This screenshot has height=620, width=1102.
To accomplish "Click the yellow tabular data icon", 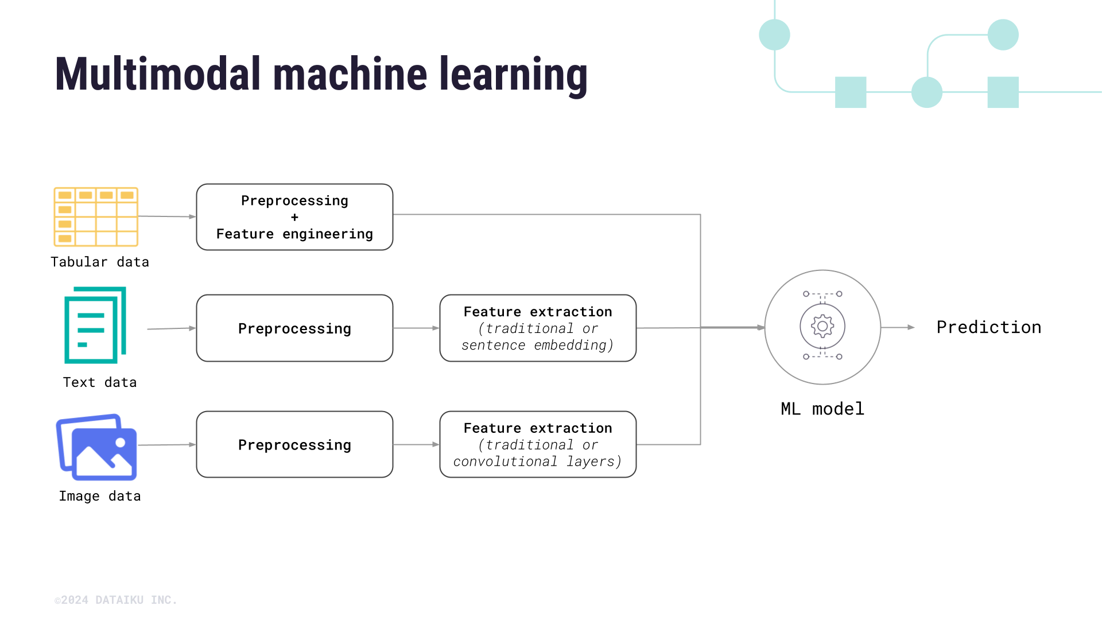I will coord(96,216).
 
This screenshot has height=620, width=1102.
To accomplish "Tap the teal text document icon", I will coord(95,325).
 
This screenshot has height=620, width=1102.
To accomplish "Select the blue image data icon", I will coord(97,447).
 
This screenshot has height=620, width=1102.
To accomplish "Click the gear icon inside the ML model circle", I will coord(822,326).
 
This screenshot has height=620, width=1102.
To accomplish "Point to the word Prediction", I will coord(988,327).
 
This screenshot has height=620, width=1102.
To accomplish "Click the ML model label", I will coord(822,409).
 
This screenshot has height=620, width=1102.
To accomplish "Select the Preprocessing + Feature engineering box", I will coord(294,217).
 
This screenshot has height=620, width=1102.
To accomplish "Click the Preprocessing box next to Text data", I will coord(294,328).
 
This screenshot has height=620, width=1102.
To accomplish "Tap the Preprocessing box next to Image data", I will coord(294,444).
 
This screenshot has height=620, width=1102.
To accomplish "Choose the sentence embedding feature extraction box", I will coord(538,328).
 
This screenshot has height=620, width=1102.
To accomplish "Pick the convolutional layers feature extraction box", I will coord(538,444).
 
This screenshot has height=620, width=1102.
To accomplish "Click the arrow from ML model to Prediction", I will coord(898,327).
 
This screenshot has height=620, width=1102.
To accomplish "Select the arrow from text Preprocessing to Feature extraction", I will coord(416,328).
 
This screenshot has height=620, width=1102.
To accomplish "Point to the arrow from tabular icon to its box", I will coord(167,216).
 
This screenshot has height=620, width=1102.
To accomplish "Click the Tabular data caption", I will coord(100,262).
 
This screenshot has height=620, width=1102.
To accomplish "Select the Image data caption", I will coord(100,496).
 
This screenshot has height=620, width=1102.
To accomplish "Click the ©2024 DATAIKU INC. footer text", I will coord(116,600).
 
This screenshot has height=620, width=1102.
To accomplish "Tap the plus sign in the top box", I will coord(294,218).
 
